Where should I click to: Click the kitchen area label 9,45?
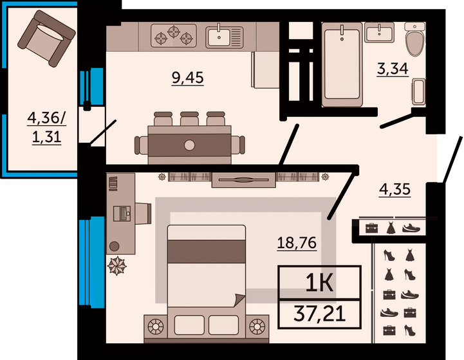click(x=187, y=78)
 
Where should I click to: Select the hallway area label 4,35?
click(x=394, y=190)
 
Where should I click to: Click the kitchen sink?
click(x=223, y=36)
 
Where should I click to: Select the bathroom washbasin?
click(x=380, y=33)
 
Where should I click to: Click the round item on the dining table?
click(x=189, y=144)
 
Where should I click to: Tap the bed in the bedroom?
click(x=207, y=276)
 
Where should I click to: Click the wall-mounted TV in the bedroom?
click(x=244, y=180)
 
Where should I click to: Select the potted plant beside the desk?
click(x=117, y=265)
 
